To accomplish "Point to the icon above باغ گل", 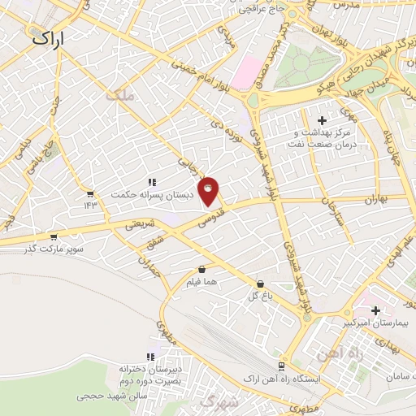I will pos(260,284).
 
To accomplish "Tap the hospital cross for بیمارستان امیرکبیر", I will pos(375,310).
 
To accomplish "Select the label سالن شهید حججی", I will pos(110,396).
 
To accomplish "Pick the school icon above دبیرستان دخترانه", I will pos(150,356).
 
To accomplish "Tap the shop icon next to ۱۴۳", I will pos(90,194).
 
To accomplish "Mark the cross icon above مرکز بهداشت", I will pos(322,120).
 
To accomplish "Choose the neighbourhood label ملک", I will pos(119,96).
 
